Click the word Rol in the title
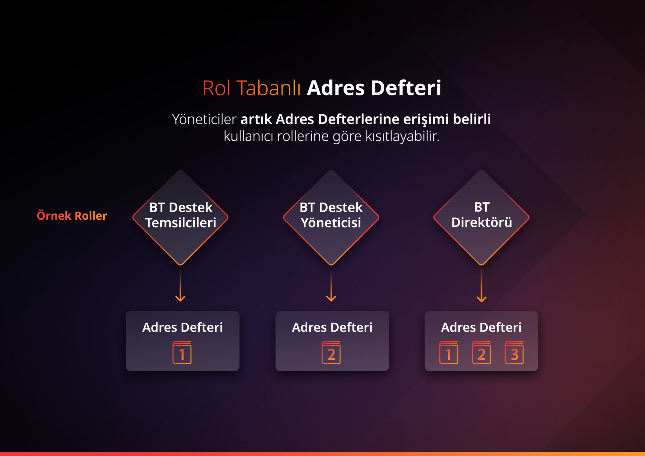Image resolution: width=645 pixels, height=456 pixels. [x=217, y=88]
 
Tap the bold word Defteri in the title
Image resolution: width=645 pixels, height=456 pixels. [x=406, y=88]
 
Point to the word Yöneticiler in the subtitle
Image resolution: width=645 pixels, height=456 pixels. [x=204, y=119]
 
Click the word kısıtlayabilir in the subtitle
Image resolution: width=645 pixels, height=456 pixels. [x=402, y=136]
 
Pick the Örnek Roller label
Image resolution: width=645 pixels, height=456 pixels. [x=72, y=215]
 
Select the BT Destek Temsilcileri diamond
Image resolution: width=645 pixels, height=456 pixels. [x=180, y=217]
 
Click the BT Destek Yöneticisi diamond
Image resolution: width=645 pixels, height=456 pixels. [x=331, y=217]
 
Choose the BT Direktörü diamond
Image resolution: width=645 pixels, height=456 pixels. [x=481, y=217]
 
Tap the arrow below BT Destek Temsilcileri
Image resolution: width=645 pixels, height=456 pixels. [x=180, y=284]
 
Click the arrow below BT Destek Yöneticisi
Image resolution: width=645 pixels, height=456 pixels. [x=331, y=284]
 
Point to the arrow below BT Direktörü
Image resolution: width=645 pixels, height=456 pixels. [x=481, y=284]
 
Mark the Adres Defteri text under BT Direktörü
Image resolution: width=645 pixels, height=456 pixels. [x=481, y=327]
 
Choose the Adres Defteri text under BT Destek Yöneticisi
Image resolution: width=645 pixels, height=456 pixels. [x=332, y=327]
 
